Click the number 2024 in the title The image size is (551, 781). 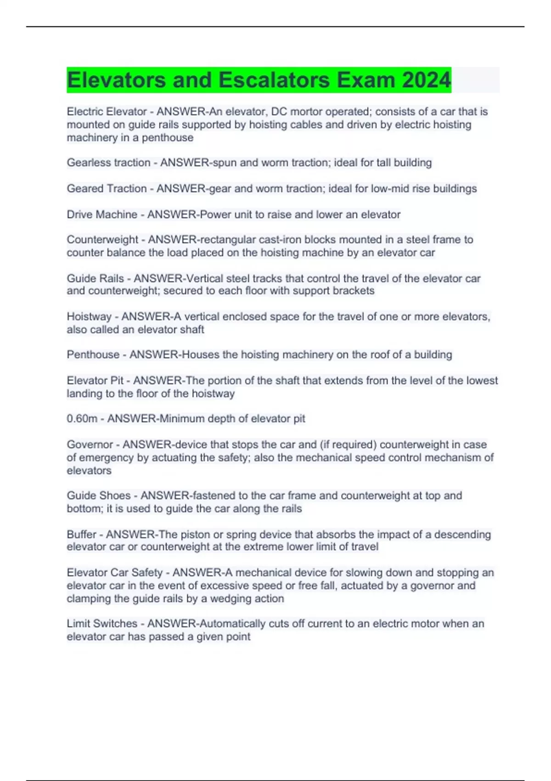[x=427, y=80]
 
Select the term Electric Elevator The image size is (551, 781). [x=107, y=112]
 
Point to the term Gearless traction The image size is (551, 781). [x=108, y=163]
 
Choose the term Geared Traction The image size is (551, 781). [x=107, y=189]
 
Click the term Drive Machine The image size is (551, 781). [x=102, y=215]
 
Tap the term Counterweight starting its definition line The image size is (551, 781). [x=102, y=240]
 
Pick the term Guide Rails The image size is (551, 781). [x=95, y=278]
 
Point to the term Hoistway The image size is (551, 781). [x=89, y=317]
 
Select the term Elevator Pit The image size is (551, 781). [x=95, y=381]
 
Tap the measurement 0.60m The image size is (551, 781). [x=82, y=419]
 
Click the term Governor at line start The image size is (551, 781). [x=90, y=445]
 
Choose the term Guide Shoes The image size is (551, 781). [x=99, y=496]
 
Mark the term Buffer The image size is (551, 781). [x=81, y=535]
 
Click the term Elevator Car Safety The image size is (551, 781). [x=114, y=573]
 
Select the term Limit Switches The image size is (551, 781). [x=102, y=624]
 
